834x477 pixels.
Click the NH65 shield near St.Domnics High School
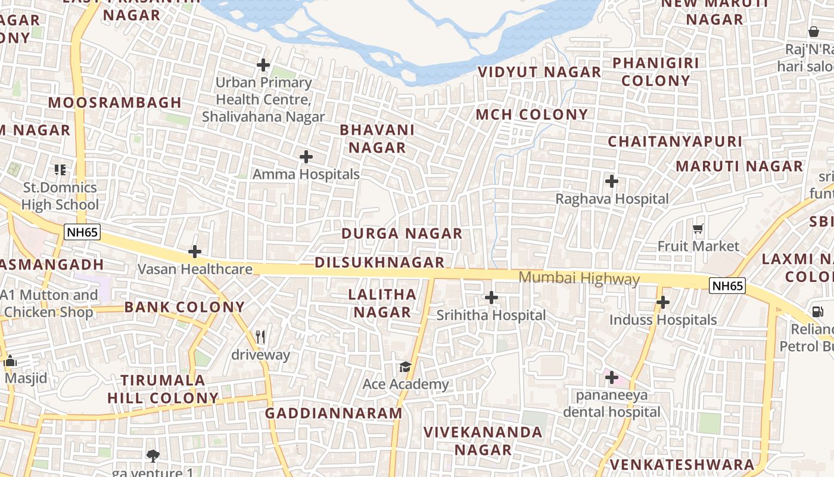82,233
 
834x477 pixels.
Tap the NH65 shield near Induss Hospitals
727,286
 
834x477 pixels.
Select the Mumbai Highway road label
579,278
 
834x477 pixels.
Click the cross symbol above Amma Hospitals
306,157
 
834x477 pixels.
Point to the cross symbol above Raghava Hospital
611,181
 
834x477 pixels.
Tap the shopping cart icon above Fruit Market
698,228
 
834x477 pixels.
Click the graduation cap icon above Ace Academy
405,366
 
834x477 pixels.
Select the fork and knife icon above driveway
260,337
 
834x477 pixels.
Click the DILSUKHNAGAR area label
379,262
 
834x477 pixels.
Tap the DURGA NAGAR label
402,234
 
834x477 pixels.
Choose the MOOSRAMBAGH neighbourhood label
114,103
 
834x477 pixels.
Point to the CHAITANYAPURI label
675,142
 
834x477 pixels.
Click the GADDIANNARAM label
334,413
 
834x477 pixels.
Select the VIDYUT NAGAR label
539,72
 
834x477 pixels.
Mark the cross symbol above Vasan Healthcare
195,252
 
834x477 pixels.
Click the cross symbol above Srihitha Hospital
491,297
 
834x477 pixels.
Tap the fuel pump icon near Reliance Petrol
816,311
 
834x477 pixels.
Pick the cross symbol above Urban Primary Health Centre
263,64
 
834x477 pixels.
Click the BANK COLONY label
184,307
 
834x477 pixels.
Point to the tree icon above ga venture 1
153,456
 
